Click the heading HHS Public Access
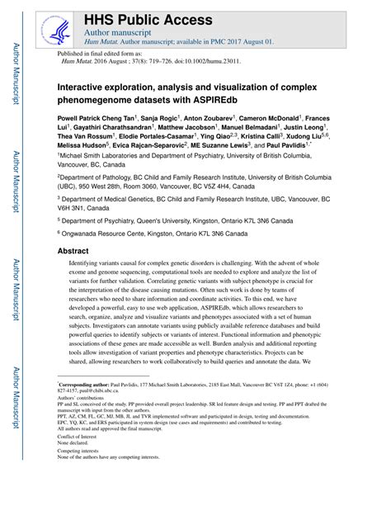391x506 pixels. (x=141, y=17)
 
